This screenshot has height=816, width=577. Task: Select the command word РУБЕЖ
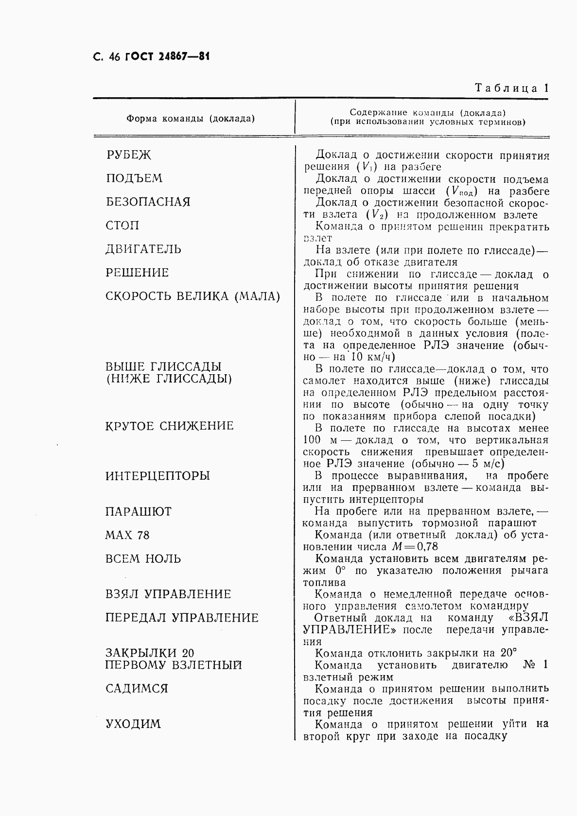pos(129,155)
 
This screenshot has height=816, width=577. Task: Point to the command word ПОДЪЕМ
pos(134,178)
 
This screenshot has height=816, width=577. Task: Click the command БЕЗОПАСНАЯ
pos(148,202)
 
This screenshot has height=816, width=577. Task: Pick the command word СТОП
pos(122,226)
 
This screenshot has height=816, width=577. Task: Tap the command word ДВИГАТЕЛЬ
pos(143,249)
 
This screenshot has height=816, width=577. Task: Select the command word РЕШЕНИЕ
pos(137,273)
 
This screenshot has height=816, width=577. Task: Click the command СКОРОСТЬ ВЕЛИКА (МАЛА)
pos(193,296)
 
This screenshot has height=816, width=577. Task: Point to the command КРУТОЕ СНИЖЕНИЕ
pos(170,426)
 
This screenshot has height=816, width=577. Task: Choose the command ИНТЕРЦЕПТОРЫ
pos(158,476)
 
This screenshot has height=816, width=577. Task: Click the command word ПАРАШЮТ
pos(139,512)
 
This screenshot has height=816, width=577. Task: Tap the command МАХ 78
pos(127,536)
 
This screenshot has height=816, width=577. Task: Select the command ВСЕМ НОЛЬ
pos(143,559)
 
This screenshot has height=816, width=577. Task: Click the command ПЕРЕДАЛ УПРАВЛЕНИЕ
pos(182,618)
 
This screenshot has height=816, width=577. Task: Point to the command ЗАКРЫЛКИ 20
pos(150,653)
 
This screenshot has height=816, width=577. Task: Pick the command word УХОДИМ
pos(133,724)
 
